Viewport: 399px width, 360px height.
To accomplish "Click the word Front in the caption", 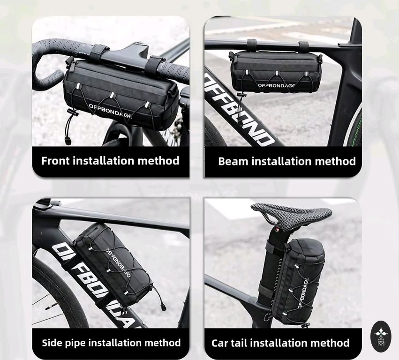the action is (x=55, y=161).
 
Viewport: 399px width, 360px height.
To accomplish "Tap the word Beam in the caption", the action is (x=233, y=161).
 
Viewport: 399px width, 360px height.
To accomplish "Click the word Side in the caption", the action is (x=52, y=343).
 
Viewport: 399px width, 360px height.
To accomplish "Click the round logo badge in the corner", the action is (x=381, y=337).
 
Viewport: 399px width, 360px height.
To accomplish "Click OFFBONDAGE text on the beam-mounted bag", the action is (x=276, y=85).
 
